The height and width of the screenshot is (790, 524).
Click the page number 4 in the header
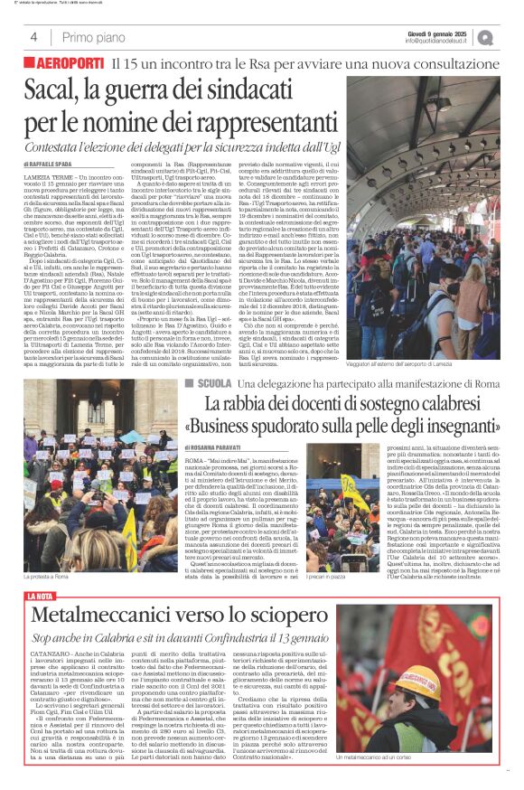(x=33, y=37)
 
